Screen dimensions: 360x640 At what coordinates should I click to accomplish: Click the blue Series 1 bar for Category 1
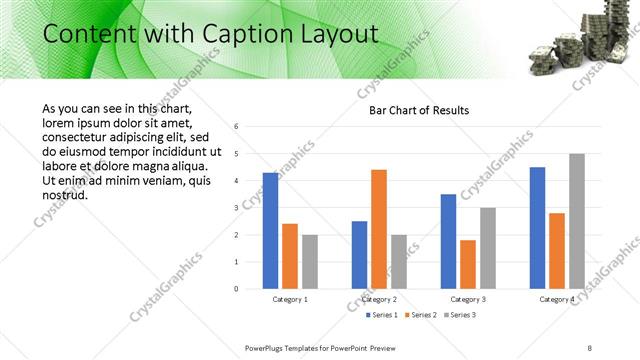pos(270,231)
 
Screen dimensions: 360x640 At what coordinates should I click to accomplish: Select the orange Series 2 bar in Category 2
pos(378,229)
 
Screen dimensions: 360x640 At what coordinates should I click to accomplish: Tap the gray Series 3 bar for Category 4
pos(576,221)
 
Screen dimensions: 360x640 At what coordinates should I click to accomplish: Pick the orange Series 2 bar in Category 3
pos(468,264)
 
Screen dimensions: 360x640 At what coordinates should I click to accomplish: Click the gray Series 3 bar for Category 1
pos(310,262)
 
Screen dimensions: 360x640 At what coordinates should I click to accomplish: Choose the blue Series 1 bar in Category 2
pos(359,255)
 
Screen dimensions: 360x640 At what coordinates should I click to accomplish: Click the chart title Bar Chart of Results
pos(412,110)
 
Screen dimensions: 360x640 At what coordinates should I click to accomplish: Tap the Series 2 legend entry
pos(418,316)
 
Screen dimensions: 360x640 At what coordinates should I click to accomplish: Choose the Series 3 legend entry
pos(460,316)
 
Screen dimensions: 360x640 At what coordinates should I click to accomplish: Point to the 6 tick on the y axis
pos(236,127)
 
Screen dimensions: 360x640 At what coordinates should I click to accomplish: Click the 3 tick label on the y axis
pos(236,208)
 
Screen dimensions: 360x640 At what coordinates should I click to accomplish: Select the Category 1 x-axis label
pos(290,299)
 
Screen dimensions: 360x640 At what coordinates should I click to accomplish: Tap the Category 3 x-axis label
pos(468,299)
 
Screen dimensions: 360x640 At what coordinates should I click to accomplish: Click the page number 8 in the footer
pos(589,347)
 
